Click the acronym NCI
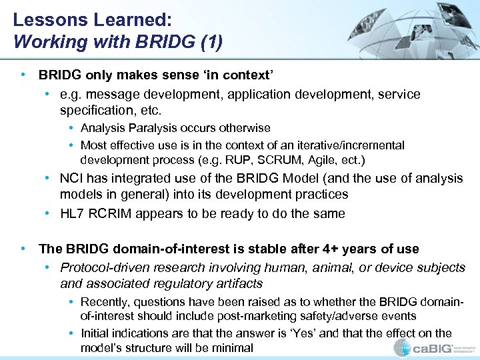tap(72, 179)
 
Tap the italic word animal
tap(327, 267)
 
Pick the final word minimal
tap(233, 347)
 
